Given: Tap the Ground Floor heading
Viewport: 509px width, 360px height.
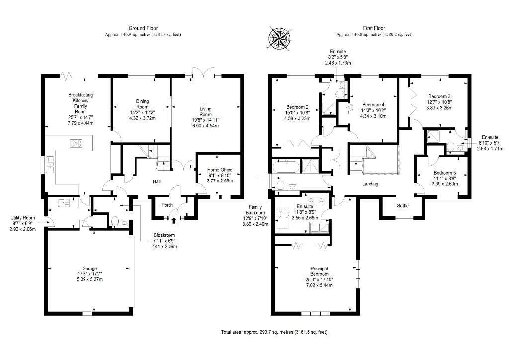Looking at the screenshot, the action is coord(143,29).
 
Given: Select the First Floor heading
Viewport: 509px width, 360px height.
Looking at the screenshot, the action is coord(374,29).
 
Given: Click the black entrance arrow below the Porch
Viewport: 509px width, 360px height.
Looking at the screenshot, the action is coord(173,214).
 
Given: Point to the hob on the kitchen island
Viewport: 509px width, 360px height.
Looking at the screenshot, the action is coord(77,144).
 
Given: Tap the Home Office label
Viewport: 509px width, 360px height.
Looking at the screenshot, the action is coord(219,170).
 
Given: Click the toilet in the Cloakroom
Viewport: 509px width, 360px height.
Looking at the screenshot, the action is coord(115,222).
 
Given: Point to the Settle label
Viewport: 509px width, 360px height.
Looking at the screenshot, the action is coord(403,205).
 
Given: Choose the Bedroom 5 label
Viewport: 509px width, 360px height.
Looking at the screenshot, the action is coord(437,173).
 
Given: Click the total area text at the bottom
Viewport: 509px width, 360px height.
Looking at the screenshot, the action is coord(274,332).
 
